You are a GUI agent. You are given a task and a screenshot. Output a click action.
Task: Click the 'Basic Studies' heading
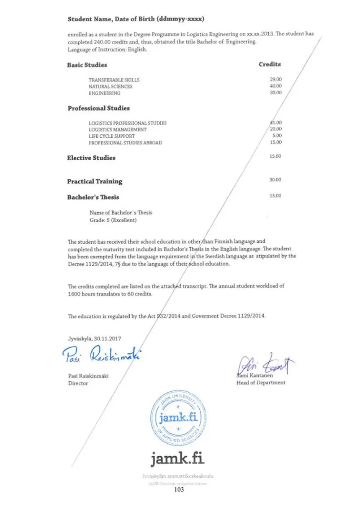coord(87,65)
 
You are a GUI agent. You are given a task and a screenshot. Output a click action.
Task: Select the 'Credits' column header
coord(270,64)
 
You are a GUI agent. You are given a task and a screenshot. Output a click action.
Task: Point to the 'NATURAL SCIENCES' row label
coord(111,87)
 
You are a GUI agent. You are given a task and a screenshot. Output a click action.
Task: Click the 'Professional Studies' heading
coord(98,108)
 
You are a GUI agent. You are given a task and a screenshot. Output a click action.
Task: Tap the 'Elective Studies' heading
coord(91,158)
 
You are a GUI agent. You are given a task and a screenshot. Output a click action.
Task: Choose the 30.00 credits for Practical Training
coord(275,180)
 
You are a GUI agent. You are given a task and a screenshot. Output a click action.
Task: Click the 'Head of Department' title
coord(261,382)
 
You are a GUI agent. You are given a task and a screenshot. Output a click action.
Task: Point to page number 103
coord(179,489)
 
